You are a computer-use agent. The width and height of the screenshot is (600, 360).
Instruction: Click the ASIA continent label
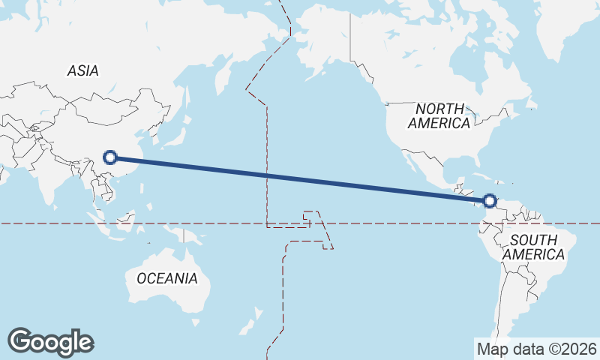coord(82,70)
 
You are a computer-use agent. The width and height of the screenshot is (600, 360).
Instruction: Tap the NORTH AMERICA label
coord(439,115)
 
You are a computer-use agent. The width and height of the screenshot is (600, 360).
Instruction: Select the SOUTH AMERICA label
coord(533,247)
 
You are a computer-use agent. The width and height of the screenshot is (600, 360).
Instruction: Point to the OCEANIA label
coord(166,278)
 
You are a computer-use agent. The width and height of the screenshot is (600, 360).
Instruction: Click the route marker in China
coord(110,157)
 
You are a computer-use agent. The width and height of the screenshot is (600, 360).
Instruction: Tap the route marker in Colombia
coord(490,201)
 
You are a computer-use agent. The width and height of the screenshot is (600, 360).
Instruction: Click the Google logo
coord(50,342)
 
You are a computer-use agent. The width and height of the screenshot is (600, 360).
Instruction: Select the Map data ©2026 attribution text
coord(537,349)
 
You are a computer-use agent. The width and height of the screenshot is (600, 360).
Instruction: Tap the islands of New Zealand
coord(251,321)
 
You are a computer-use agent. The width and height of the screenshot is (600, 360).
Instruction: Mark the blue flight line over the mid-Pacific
coord(300,179)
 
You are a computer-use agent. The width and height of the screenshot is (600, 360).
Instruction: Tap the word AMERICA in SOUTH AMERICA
coord(533,255)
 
